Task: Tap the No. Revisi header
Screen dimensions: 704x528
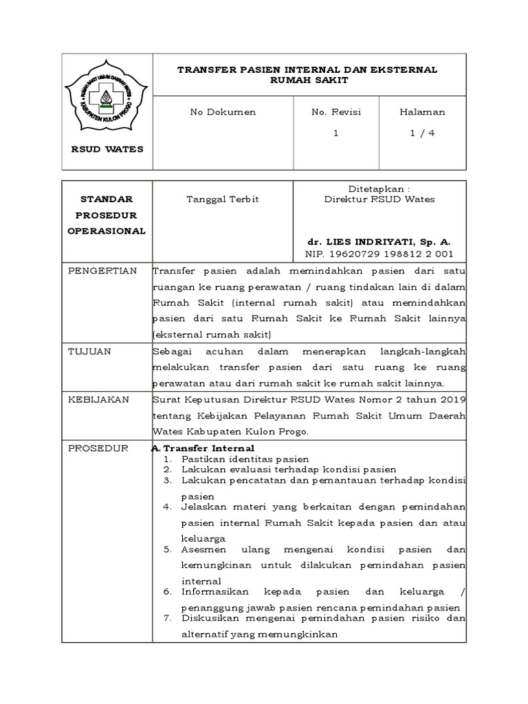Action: (x=336, y=112)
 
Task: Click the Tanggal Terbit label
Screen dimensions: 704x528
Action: (x=214, y=199)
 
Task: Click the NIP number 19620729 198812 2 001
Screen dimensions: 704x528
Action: (x=379, y=254)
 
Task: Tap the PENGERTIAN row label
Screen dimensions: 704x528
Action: (x=102, y=270)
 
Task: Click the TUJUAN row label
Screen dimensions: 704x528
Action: (x=88, y=351)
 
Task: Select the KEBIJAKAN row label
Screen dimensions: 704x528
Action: (x=98, y=399)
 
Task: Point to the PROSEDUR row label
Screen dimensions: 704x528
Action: (x=98, y=448)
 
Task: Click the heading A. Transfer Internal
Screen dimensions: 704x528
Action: (x=203, y=448)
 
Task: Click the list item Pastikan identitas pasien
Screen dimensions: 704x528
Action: (x=245, y=459)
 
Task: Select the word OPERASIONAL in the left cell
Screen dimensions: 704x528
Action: (x=107, y=231)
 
